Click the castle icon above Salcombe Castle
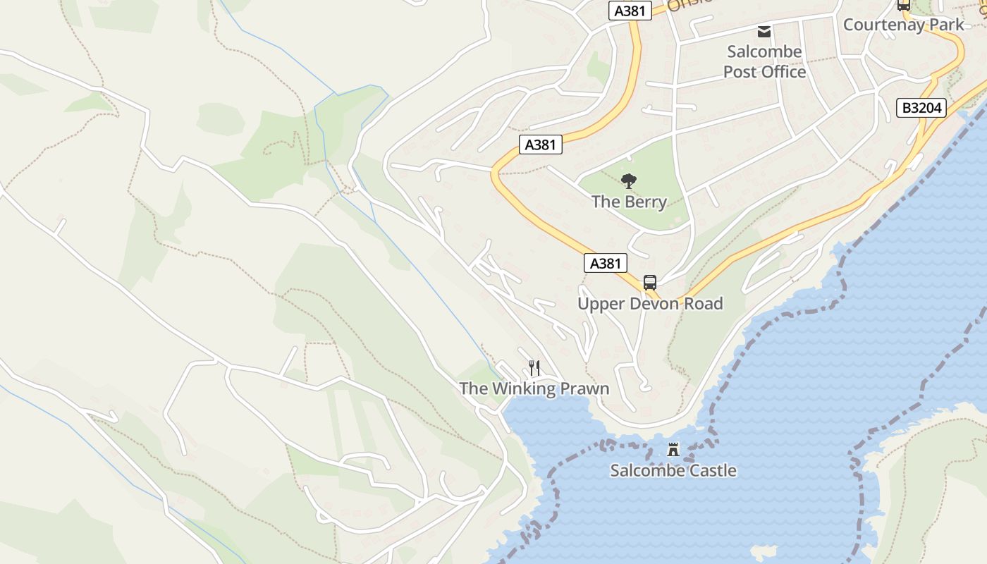[673, 449]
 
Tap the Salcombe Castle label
[673, 470]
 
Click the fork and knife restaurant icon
[534, 368]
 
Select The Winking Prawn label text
[534, 388]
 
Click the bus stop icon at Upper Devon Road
[650, 283]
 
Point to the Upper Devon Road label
[650, 304]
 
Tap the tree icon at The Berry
[629, 181]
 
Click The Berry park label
[629, 202]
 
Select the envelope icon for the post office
[764, 31]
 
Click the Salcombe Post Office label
[764, 61]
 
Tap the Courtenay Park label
[903, 25]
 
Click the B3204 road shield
[921, 108]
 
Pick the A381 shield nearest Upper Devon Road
[605, 264]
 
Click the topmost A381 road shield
[630, 11]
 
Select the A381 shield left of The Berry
[541, 145]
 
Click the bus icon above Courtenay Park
[903, 5]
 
